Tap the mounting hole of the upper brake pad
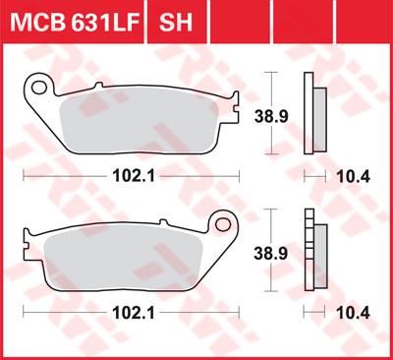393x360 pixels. point(41,90)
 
